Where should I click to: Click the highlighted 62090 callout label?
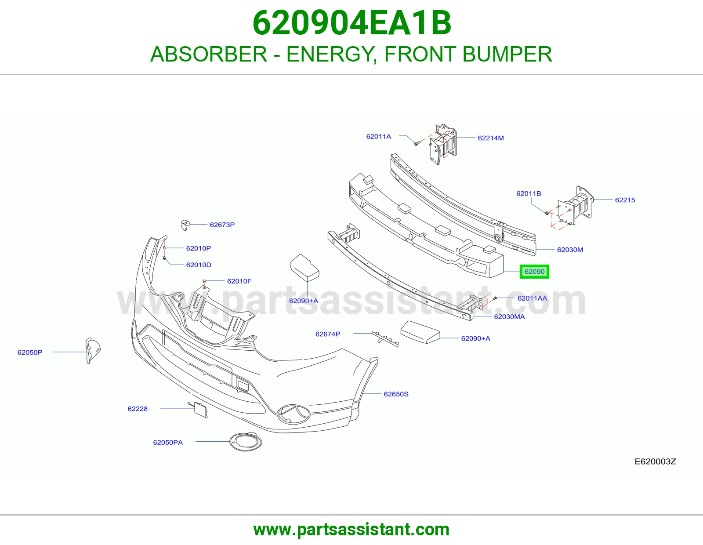point(534,272)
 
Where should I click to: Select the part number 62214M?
point(490,138)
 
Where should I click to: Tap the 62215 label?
point(625,200)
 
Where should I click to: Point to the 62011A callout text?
point(378,137)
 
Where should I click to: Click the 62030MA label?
point(509,316)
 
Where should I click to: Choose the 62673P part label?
point(222,225)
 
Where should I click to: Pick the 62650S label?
point(396,394)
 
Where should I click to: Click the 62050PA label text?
point(168,442)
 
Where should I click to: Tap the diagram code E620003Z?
point(655,461)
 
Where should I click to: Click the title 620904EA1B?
point(351,23)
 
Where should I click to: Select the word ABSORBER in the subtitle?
point(209,54)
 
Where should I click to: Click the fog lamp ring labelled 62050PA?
point(246,441)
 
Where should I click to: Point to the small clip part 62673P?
point(185,225)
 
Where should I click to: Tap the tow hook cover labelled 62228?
point(200,410)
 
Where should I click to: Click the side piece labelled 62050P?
point(93,350)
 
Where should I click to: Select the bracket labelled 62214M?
point(442,144)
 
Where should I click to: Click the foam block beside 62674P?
point(420,332)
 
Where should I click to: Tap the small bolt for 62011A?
point(417,143)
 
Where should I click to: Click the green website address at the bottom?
point(351,530)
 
